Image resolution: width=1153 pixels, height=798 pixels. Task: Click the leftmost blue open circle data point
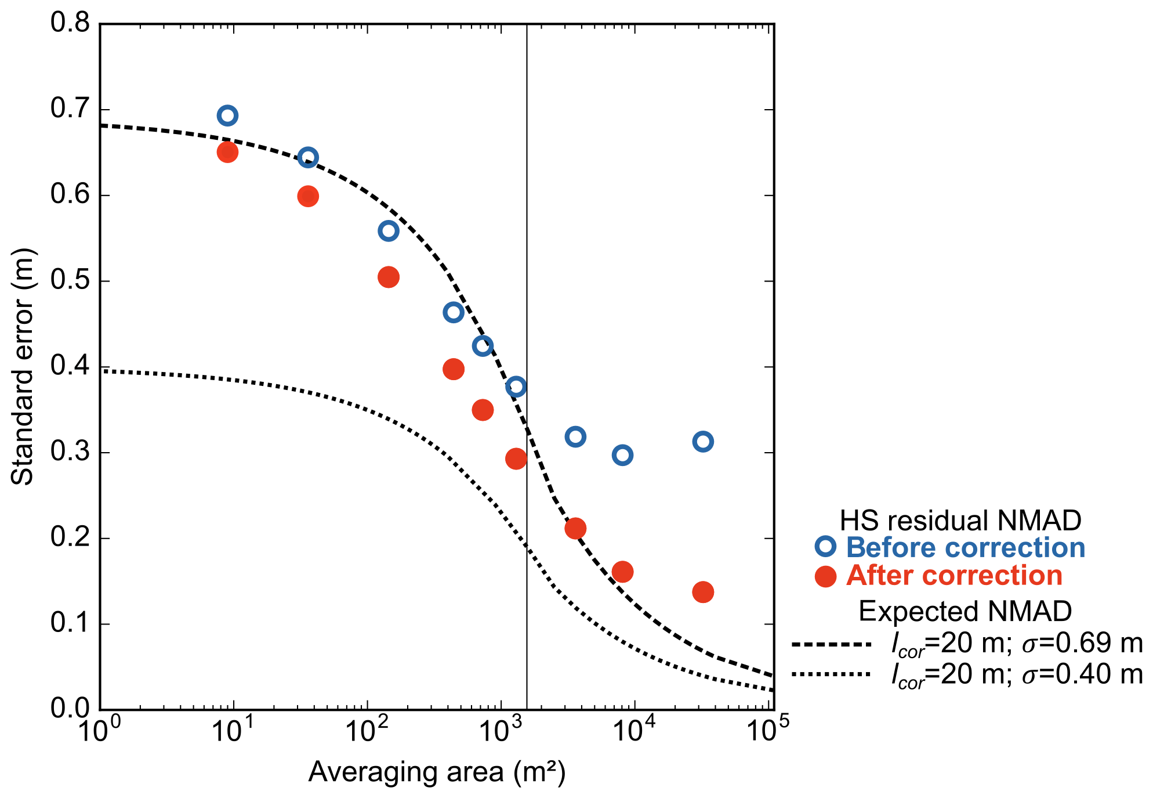coord(227,115)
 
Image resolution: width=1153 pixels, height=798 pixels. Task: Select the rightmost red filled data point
coord(702,592)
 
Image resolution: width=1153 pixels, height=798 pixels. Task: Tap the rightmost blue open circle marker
coord(702,442)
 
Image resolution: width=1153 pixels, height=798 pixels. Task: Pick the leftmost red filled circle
coord(227,152)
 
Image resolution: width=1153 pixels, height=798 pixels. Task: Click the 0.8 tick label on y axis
coord(70,23)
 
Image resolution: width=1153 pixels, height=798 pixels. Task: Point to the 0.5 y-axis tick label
coord(70,281)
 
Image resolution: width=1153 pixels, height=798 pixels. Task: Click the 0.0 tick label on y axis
coord(70,708)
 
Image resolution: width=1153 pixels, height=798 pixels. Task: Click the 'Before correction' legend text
coord(965,547)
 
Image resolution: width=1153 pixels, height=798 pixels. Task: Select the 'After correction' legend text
coord(954,575)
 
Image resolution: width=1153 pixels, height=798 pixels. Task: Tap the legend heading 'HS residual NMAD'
coord(960,521)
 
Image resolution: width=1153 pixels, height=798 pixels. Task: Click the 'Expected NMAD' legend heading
coord(965,611)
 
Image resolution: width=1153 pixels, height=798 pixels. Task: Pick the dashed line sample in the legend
coord(831,644)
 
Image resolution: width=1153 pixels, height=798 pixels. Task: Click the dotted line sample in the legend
coord(831,674)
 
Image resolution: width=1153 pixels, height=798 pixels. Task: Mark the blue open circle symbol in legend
coord(825,547)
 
